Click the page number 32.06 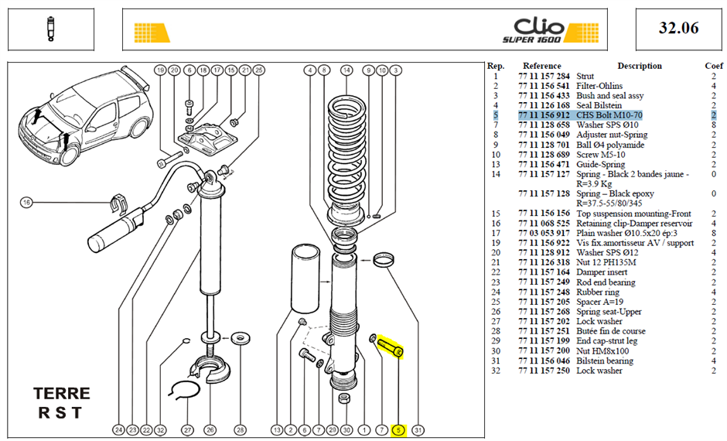point(678,28)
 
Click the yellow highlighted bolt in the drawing point(391,347)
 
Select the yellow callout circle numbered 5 point(398,430)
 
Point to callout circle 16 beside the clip point(26,203)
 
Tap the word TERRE point(62,394)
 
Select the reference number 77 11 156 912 point(544,115)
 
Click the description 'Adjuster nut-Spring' point(612,135)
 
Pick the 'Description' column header point(640,66)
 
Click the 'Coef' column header point(714,66)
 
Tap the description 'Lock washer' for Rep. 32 point(599,371)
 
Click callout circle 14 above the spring point(346,70)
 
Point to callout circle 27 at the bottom point(187,430)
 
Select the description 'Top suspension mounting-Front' point(634,214)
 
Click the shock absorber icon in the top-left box point(50,29)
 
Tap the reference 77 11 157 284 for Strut point(544,76)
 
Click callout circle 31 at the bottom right point(418,430)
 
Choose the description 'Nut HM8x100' point(602,351)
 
